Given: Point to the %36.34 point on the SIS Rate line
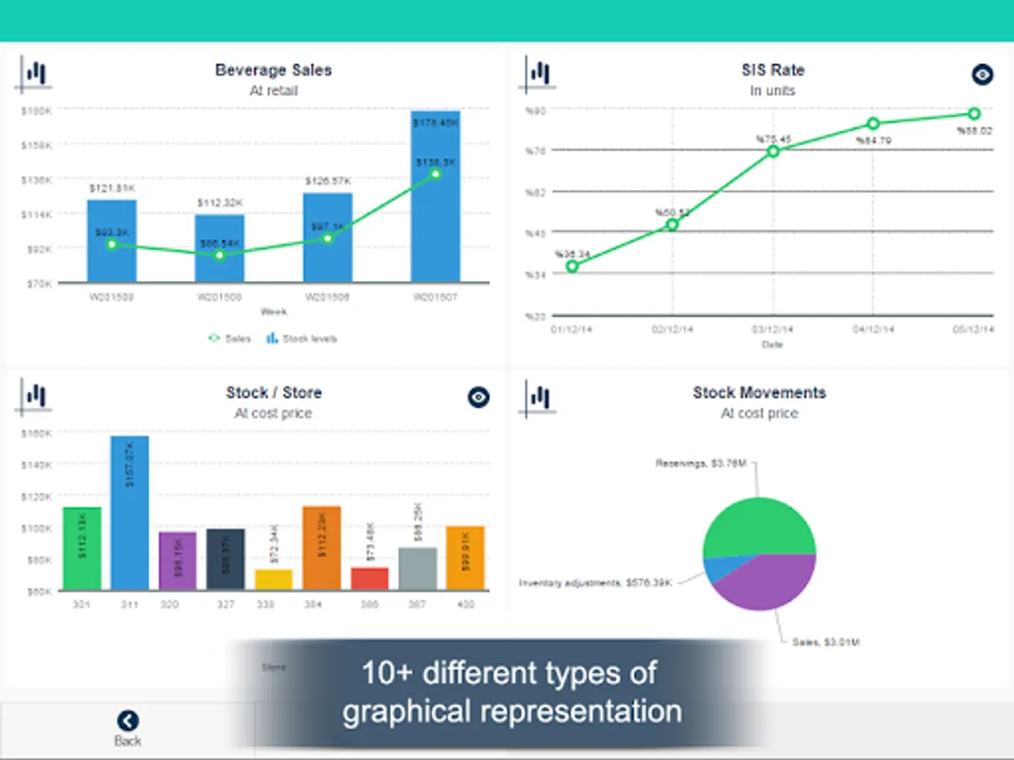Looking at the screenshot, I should click(x=572, y=266).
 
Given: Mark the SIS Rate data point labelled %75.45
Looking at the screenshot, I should click(x=773, y=151).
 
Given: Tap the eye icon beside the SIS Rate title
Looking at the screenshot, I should click(x=982, y=74).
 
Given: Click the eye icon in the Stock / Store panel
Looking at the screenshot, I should click(x=478, y=397).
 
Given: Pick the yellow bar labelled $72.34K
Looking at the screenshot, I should click(x=273, y=580).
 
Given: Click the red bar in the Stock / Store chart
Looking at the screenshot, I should click(x=369, y=579).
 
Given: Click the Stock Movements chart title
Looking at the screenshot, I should click(x=759, y=393).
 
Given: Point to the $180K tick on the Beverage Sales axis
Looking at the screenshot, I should click(x=38, y=111).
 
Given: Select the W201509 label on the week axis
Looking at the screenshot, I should click(x=112, y=297).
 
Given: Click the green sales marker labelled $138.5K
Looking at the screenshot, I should click(x=435, y=174).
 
